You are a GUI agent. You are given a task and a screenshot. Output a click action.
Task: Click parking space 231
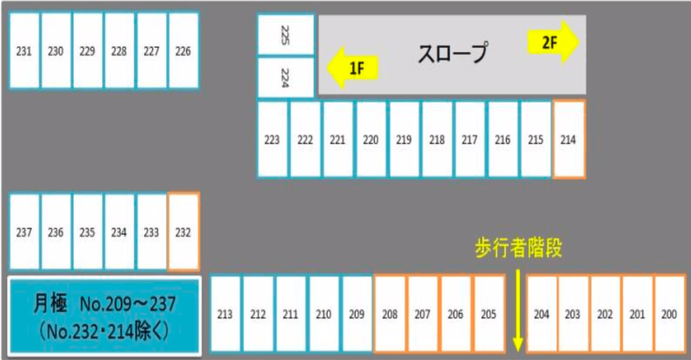(x=24, y=51)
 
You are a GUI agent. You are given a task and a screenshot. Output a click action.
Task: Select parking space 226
(x=183, y=51)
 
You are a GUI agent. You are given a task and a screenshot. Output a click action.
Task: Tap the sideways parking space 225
(x=286, y=34)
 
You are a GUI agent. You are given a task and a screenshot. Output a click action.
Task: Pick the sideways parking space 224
(x=286, y=77)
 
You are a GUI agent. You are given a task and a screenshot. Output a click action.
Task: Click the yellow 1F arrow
(x=353, y=67)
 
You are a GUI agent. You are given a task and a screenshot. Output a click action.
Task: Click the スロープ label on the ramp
(x=453, y=54)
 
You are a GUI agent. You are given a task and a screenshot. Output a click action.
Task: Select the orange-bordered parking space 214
(x=569, y=140)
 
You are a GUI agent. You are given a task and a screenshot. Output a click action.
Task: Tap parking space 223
(x=272, y=140)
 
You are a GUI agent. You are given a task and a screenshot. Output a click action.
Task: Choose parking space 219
(x=403, y=140)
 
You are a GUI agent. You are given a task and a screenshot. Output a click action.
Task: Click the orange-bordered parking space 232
(x=183, y=232)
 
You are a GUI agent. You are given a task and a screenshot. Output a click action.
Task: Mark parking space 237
(x=24, y=232)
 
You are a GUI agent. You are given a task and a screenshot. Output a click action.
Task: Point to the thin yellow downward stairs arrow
(x=518, y=310)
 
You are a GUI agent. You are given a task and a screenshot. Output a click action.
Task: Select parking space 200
(x=669, y=314)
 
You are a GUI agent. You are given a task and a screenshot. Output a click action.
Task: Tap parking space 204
(x=542, y=314)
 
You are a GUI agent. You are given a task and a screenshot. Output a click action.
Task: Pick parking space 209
(x=356, y=314)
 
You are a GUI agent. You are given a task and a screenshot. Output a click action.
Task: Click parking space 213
(x=225, y=314)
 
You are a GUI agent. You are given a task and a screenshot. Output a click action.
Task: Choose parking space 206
(x=456, y=314)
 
